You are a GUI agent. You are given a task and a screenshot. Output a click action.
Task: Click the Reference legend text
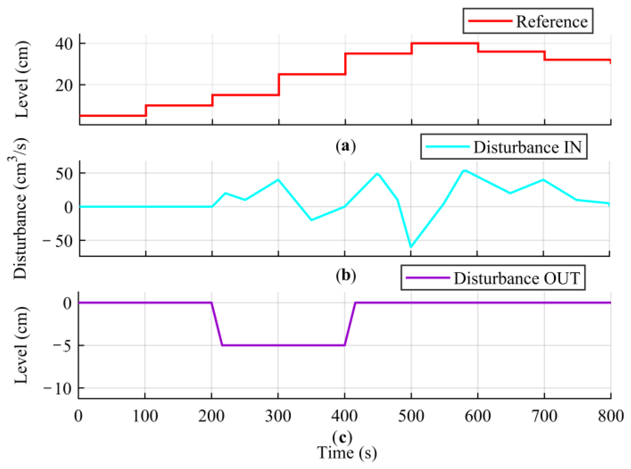coord(552,21)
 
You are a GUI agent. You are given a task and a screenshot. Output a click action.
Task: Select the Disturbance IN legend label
coord(527,147)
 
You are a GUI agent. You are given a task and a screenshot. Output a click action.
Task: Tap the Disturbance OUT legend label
coord(517,278)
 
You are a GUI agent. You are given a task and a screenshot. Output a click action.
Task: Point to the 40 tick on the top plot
coord(64,44)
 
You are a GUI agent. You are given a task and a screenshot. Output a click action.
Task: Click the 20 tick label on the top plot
coord(64,85)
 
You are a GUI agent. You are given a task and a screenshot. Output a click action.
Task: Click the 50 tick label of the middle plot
coord(64,174)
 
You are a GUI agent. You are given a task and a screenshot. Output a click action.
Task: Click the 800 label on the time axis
coord(610,416)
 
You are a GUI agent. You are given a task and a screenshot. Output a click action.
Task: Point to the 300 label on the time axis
coord(278,416)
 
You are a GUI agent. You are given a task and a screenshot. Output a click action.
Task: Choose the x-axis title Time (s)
coord(347,453)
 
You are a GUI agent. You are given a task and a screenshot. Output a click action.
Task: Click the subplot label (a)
coord(345,146)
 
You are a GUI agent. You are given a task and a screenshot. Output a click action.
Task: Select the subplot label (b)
coord(345,275)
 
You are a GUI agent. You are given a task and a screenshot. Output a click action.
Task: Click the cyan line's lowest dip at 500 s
coord(411,247)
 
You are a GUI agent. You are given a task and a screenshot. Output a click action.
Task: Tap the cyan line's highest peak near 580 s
coord(464,170)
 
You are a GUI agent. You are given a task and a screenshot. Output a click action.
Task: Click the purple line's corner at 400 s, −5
coord(344,345)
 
